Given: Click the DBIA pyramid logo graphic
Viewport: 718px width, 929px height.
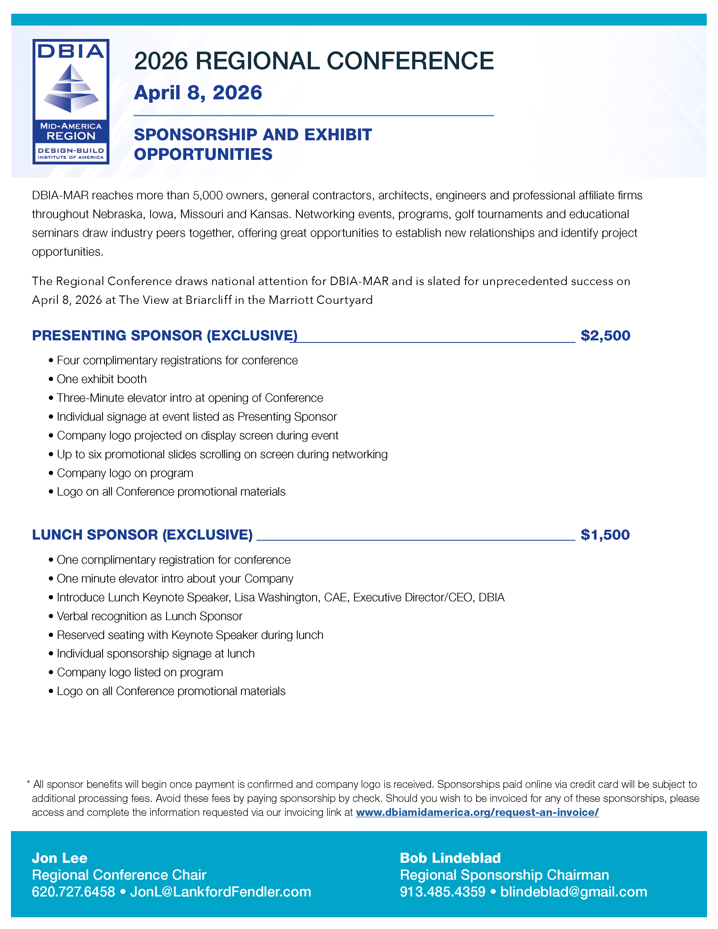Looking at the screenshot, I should pyautogui.click(x=71, y=88).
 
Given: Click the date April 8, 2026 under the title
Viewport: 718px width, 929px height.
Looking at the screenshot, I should pyautogui.click(x=198, y=93).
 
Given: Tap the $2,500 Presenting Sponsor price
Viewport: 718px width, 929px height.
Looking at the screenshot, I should pyautogui.click(x=605, y=336).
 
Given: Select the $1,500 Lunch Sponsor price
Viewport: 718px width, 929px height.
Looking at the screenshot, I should pyautogui.click(x=605, y=535).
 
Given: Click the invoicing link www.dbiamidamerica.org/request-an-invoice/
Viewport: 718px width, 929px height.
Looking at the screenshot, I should pyautogui.click(x=477, y=813).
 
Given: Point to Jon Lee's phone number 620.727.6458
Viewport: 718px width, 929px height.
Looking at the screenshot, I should pyautogui.click(x=73, y=892).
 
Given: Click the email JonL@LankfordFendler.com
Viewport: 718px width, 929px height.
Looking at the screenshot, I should pyautogui.click(x=220, y=892).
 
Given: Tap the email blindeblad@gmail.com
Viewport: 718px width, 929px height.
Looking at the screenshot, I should pyautogui.click(x=574, y=892).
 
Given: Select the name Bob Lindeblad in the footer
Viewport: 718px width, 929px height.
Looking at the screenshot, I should pyautogui.click(x=450, y=858).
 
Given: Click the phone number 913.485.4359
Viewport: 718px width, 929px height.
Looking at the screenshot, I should pyautogui.click(x=442, y=892).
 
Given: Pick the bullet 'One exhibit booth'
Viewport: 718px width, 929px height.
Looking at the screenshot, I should pyautogui.click(x=102, y=379).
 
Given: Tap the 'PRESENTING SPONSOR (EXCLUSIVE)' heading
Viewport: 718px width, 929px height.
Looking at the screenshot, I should pyautogui.click(x=165, y=336).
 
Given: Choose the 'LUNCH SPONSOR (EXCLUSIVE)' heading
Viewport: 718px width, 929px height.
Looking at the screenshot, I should pyautogui.click(x=142, y=535).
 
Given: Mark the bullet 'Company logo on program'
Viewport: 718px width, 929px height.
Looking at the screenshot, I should pyautogui.click(x=125, y=473).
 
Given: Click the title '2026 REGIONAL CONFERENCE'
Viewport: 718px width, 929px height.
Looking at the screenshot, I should pyautogui.click(x=313, y=61).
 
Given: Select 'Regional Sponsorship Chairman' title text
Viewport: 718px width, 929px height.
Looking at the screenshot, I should pyautogui.click(x=504, y=875).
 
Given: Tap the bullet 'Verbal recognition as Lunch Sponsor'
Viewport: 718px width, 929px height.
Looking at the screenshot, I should pyautogui.click(x=149, y=616).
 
